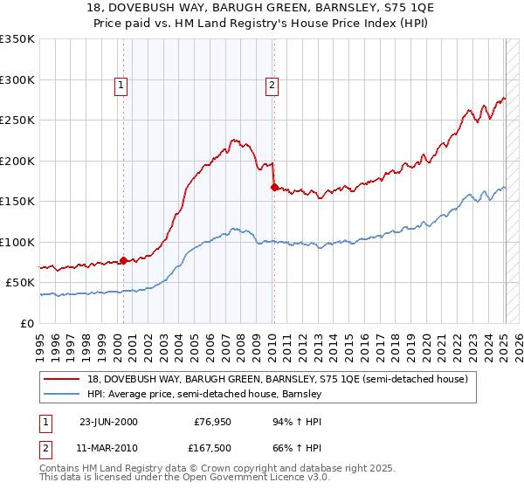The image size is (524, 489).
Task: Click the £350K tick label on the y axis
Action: tap(17, 39)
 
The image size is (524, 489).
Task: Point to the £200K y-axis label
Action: tap(17, 161)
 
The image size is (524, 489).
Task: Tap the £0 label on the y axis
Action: tap(27, 323)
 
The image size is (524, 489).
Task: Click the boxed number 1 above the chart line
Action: tap(121, 86)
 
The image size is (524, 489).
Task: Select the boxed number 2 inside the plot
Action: tap(272, 86)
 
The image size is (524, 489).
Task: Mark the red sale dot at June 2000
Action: tap(123, 260)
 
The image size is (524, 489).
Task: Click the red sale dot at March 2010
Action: tap(274, 187)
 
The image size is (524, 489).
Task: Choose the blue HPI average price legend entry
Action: tap(205, 394)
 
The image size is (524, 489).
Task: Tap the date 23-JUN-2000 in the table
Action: tap(108, 421)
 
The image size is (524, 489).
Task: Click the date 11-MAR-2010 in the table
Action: tap(108, 447)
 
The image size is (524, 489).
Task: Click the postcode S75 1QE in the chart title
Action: tap(381, 8)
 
